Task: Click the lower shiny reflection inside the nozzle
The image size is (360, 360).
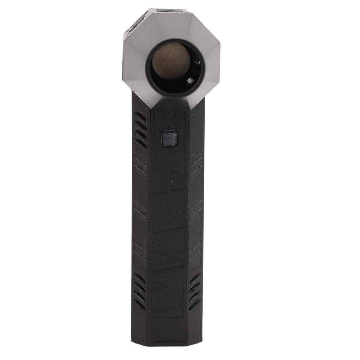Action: pos(190,81)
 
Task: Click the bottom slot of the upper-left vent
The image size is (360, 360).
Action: pos(140,142)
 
